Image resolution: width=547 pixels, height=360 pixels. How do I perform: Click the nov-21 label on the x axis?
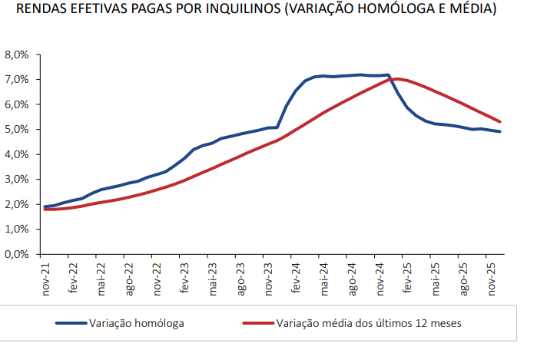[47, 280]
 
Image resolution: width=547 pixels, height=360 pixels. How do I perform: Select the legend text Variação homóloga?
[136, 323]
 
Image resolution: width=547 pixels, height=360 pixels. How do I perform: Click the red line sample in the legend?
[258, 323]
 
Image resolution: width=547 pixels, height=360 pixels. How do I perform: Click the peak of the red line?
[396, 78]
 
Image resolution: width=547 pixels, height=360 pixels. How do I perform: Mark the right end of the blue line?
[501, 132]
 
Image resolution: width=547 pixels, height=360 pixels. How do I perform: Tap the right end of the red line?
[501, 121]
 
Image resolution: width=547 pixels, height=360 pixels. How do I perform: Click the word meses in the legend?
[446, 323]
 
